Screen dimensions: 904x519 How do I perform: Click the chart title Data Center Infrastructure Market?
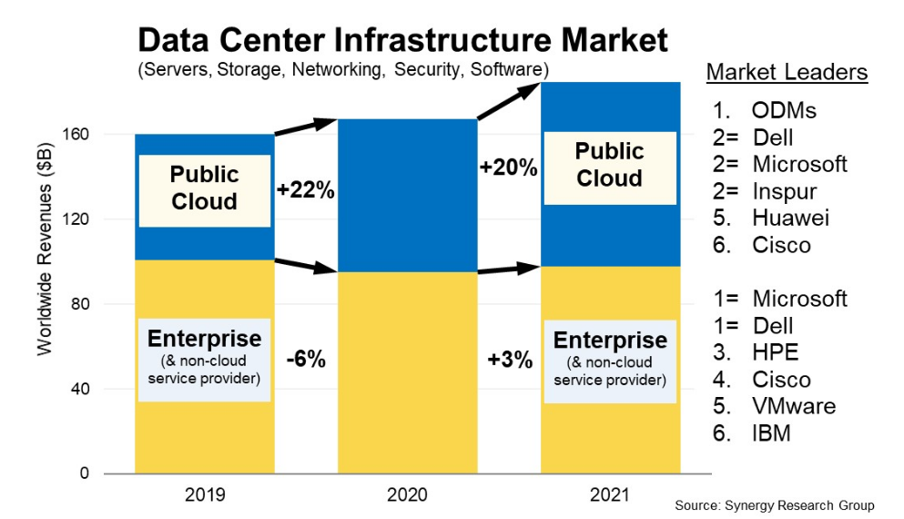(402, 40)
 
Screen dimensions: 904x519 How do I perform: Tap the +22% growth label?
(306, 189)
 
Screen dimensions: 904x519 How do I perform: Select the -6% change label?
(306, 360)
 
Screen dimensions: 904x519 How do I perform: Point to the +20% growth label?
(509, 168)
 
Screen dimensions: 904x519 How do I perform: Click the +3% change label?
(510, 360)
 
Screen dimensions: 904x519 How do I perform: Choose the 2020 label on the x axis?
(407, 494)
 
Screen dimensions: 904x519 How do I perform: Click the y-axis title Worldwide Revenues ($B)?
(45, 249)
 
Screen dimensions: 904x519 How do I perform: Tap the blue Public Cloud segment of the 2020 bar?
(408, 196)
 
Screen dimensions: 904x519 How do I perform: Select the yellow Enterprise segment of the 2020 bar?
(408, 372)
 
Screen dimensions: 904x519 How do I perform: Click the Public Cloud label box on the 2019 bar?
(205, 190)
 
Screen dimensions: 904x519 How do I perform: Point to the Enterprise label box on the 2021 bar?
(610, 361)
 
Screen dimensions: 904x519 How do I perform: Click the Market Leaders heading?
(787, 72)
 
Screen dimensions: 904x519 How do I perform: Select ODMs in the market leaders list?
(784, 110)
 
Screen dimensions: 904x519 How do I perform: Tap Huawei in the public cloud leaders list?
(790, 218)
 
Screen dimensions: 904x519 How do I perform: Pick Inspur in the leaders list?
(785, 191)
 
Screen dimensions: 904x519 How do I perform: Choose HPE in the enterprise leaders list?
(776, 352)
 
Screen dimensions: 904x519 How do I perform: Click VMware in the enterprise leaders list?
(794, 406)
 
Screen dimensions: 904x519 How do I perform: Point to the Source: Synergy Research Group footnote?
(775, 505)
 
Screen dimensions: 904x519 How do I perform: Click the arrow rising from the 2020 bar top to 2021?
(508, 102)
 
